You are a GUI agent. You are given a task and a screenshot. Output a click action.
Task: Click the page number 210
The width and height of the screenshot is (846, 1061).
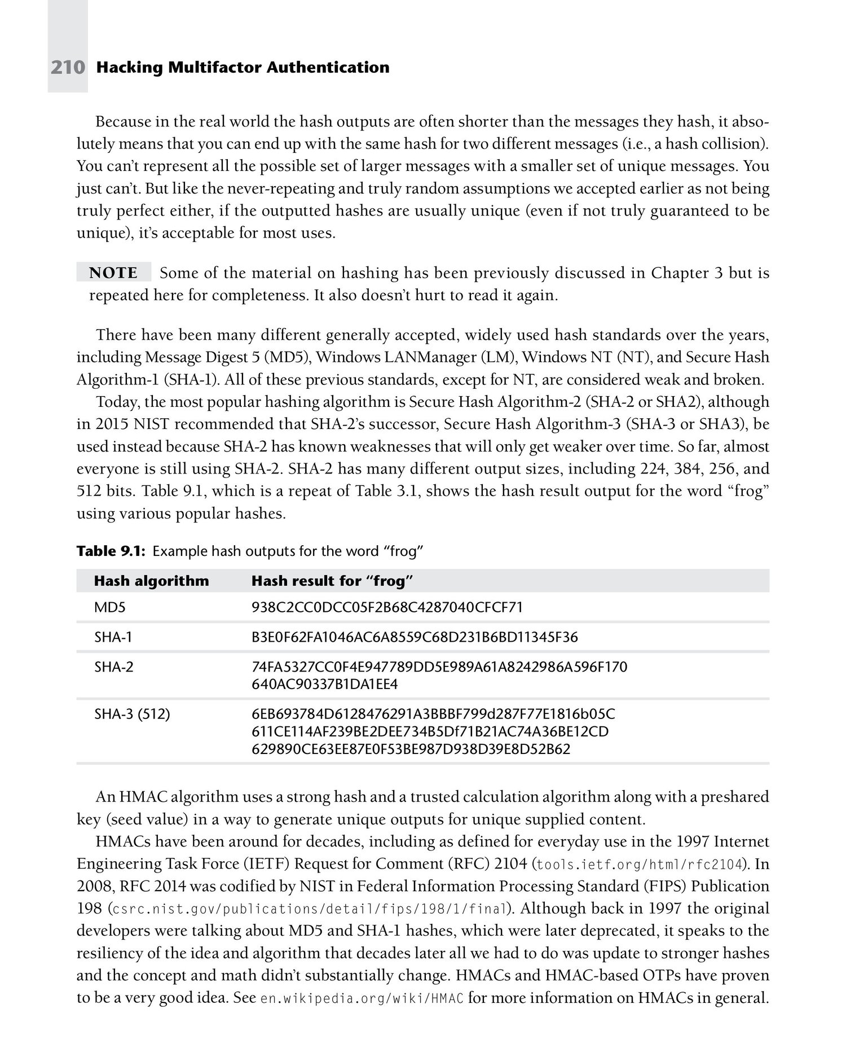pyautogui.click(x=68, y=68)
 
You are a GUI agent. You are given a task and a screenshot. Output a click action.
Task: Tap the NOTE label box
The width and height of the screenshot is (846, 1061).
pyautogui.click(x=114, y=273)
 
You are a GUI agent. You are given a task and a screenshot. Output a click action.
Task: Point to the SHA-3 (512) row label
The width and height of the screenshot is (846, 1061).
pyautogui.click(x=132, y=714)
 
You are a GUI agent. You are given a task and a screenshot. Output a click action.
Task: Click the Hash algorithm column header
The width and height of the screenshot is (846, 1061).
pyautogui.click(x=151, y=581)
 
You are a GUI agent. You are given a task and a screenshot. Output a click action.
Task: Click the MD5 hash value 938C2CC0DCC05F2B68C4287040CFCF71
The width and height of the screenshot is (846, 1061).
pyautogui.click(x=387, y=608)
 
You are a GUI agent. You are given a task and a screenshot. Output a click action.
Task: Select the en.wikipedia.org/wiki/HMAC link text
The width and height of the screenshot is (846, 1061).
pyautogui.click(x=363, y=998)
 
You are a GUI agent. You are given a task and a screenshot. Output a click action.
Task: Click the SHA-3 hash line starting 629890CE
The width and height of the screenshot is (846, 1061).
pyautogui.click(x=411, y=749)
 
